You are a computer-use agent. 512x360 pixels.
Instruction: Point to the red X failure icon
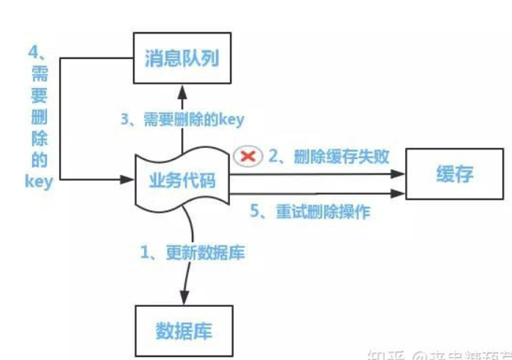pyautogui.click(x=246, y=156)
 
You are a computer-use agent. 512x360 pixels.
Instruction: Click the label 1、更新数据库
pyautogui.click(x=193, y=252)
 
